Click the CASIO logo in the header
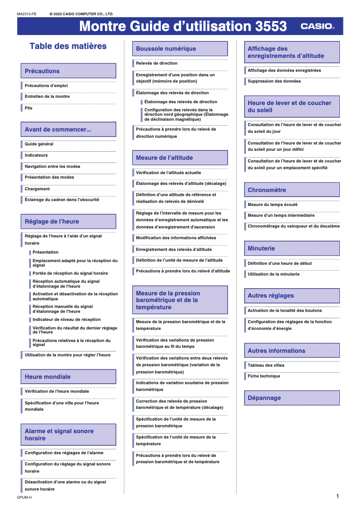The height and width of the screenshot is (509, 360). pos(317,26)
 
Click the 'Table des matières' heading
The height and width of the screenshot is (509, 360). pos(68,46)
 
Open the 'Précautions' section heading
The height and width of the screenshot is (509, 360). pos(42,71)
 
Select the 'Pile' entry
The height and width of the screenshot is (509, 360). pos(29,108)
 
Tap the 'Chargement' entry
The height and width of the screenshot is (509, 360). pos(37,189)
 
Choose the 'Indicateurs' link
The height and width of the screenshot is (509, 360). pos(36,155)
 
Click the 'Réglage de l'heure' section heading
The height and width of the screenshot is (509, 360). pos(52,222)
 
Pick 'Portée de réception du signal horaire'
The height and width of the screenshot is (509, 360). pos(70,273)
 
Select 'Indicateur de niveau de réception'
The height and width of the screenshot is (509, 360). pos(66,320)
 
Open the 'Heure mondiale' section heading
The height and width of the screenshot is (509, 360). pos(48,377)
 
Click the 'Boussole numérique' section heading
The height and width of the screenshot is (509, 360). pos(166,49)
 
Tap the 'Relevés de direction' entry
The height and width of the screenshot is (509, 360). pos(157,63)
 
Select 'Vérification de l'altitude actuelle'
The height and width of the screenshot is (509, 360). pos(168,173)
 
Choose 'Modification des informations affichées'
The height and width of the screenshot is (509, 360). pos(176,238)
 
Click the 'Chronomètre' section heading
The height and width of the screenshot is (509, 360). pos(267,190)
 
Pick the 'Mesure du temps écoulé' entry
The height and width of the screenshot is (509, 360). pos(272,205)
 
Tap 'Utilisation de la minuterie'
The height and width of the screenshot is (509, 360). pos(273,274)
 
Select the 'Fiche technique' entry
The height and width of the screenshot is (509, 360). pos(264,376)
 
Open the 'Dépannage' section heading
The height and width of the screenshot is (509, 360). pos(264,398)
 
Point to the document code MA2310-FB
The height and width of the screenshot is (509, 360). pos(27,14)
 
